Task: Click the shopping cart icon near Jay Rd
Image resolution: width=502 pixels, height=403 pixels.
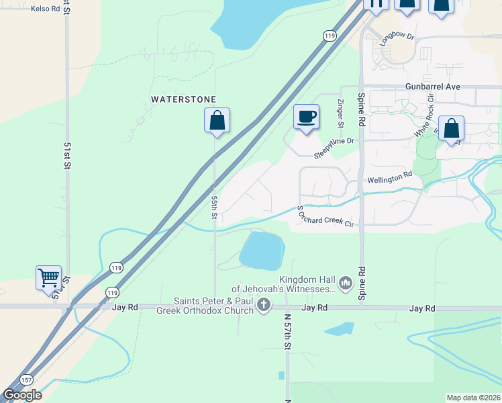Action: [48, 277]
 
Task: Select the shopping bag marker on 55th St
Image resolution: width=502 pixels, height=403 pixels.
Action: [217, 121]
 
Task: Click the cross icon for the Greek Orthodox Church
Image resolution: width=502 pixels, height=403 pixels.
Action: [264, 306]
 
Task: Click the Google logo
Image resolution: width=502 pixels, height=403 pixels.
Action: [22, 395]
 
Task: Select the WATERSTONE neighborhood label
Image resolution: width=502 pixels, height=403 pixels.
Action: [183, 99]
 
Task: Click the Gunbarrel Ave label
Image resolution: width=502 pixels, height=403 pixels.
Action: [433, 87]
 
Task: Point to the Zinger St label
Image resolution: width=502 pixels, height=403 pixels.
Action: [340, 113]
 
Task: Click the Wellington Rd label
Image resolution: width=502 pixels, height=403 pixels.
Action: [390, 178]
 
